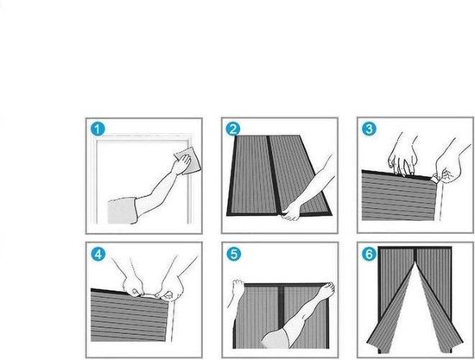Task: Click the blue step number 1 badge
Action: pyautogui.click(x=98, y=129)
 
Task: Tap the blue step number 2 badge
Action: pyautogui.click(x=233, y=129)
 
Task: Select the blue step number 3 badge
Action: pyautogui.click(x=369, y=129)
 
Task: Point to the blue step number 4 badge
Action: pyautogui.click(x=98, y=255)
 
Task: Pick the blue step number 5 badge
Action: pyautogui.click(x=234, y=254)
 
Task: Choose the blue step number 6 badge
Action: pyautogui.click(x=370, y=254)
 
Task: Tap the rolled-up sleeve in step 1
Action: pyautogui.click(x=123, y=211)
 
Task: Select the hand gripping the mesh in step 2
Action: pyautogui.click(x=291, y=211)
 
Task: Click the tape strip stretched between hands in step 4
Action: pyautogui.click(x=149, y=294)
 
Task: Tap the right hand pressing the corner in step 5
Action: pyautogui.click(x=326, y=289)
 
